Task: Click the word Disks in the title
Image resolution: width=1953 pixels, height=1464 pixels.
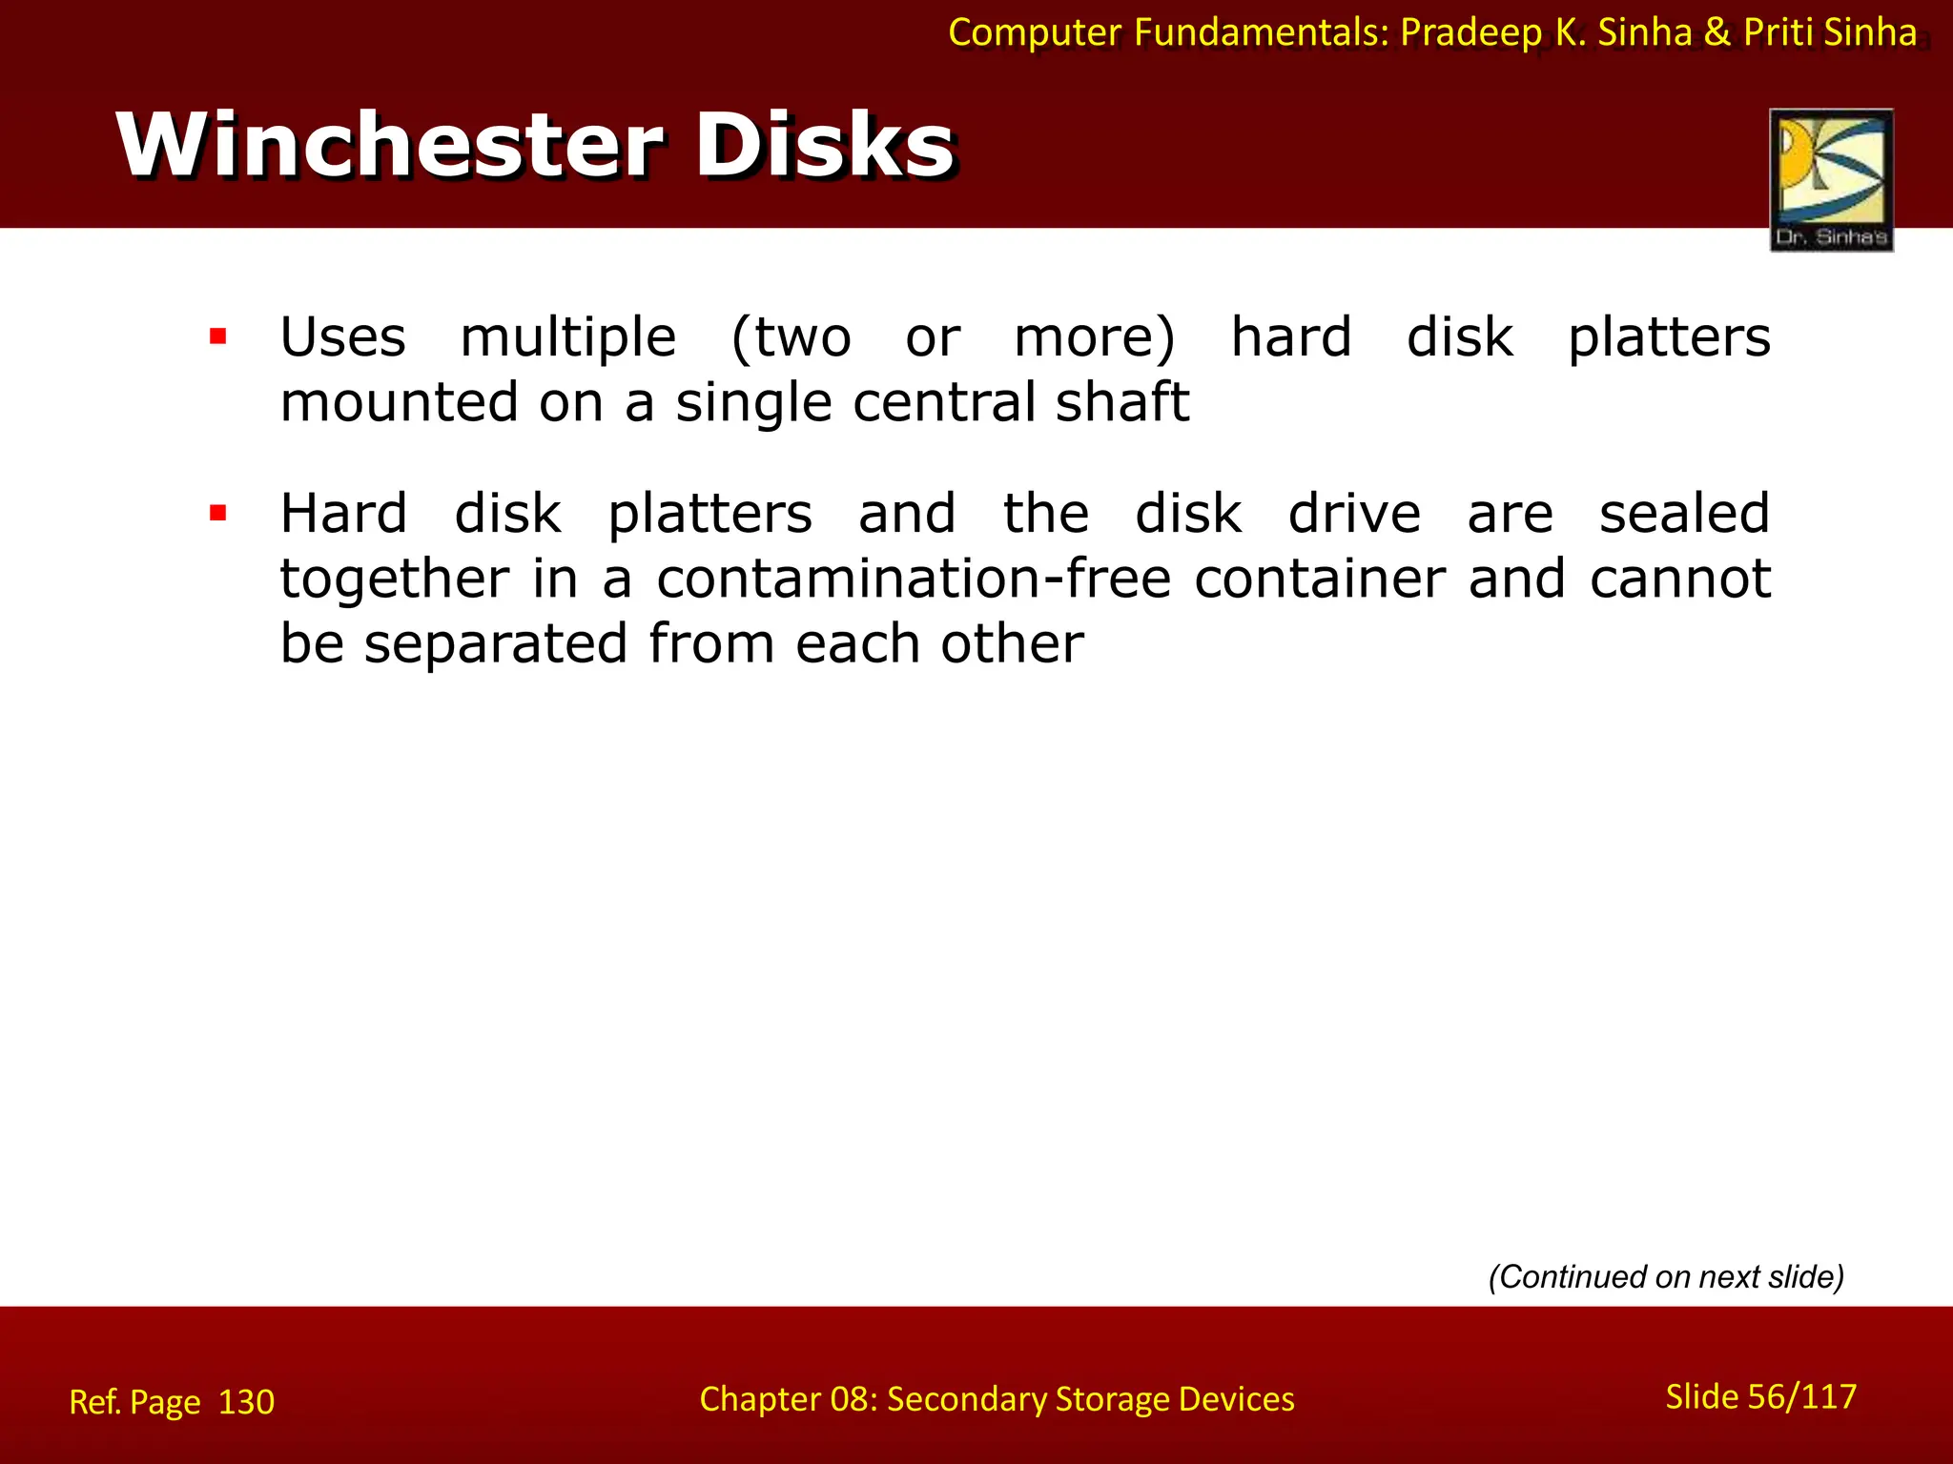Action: click(824, 145)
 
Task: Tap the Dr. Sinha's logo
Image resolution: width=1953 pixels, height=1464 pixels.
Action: click(1831, 179)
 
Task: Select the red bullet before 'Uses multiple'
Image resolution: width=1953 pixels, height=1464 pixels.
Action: click(218, 336)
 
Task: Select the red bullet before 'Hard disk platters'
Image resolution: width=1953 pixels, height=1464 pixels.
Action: click(218, 514)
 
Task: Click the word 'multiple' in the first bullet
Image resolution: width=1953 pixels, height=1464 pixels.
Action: click(568, 337)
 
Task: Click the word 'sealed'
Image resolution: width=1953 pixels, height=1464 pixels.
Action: click(1684, 514)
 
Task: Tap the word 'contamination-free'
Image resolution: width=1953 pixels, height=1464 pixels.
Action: click(914, 579)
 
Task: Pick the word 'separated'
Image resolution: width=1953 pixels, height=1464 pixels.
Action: click(496, 643)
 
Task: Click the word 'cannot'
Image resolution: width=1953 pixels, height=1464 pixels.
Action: click(1680, 579)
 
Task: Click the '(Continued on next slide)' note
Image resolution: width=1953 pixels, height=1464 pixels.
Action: click(1666, 1276)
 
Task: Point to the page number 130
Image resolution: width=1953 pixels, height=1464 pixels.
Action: click(246, 1402)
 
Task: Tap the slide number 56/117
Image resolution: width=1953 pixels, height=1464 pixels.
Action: click(1802, 1396)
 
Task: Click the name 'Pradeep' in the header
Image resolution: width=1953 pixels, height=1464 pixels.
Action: click(1470, 32)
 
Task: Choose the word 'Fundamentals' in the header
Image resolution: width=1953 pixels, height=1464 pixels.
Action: click(1261, 32)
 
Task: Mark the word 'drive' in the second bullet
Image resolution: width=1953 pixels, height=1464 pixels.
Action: click(1354, 514)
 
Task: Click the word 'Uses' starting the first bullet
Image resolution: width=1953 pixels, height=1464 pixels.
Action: click(343, 337)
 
